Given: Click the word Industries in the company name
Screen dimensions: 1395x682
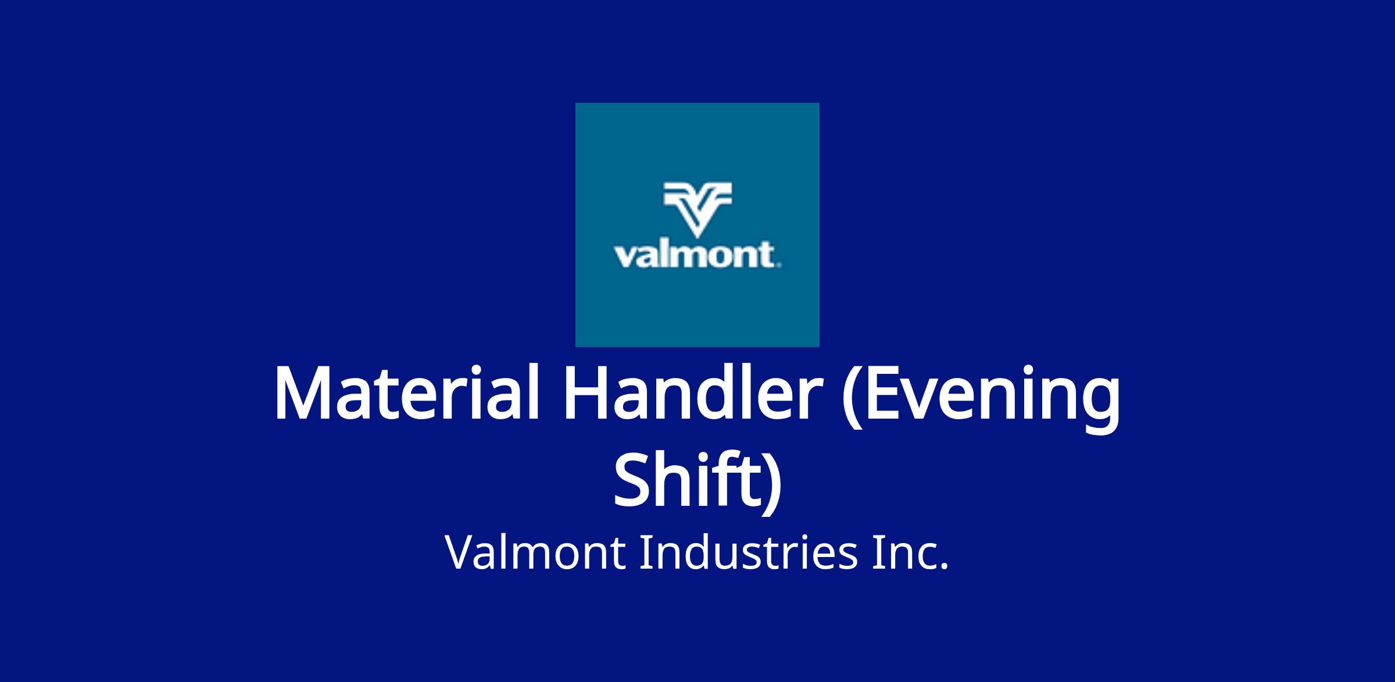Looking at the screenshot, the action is tap(749, 552).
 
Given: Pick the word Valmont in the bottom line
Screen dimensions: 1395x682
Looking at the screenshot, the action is tap(535, 552).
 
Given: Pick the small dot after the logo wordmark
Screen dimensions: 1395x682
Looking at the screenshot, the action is tap(778, 266).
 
